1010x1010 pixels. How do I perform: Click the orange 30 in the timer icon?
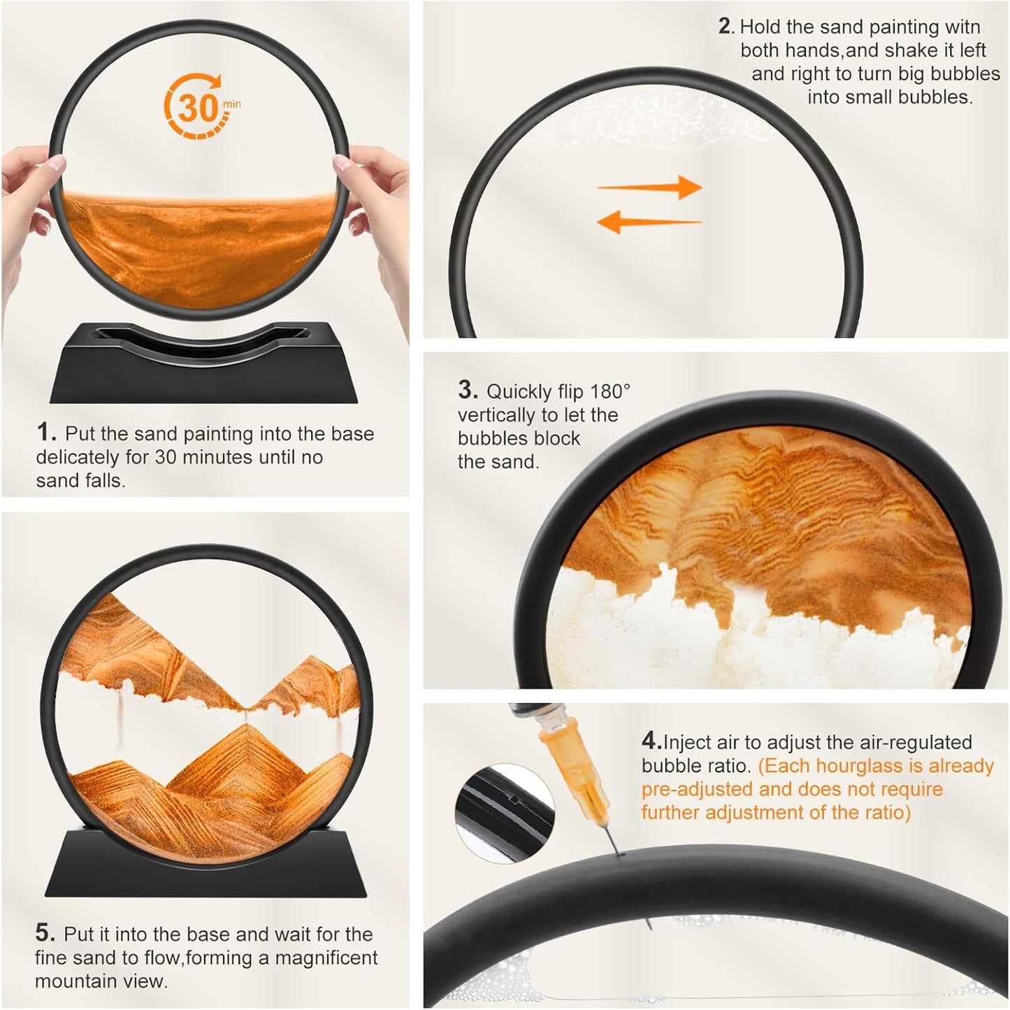[198, 108]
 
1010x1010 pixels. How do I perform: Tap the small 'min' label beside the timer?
[231, 103]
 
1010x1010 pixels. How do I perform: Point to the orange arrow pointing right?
[649, 187]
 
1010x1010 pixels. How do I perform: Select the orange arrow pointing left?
[649, 222]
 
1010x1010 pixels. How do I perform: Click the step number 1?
[46, 433]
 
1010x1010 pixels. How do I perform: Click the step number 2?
[726, 27]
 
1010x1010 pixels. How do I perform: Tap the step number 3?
[468, 390]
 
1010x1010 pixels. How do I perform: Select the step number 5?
[45, 933]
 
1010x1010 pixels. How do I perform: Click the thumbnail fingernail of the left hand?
[56, 163]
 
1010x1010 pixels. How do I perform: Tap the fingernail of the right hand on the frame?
[342, 162]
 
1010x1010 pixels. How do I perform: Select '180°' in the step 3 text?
[610, 391]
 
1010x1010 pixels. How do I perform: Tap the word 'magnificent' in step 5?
[326, 958]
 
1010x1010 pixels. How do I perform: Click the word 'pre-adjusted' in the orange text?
[695, 789]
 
